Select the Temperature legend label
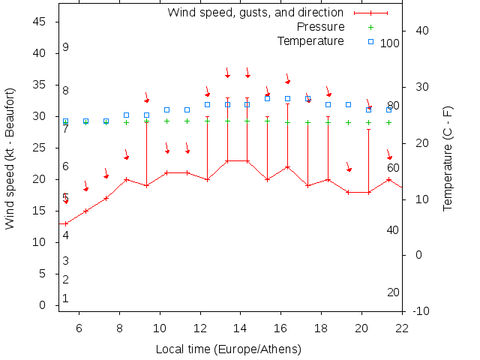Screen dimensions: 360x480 click(310, 40)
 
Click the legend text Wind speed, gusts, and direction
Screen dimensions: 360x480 click(255, 13)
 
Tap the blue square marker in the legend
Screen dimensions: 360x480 click(370, 41)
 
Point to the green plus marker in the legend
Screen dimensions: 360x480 click(370, 27)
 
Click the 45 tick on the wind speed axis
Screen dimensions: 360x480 click(40, 22)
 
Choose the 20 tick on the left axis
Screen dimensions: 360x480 click(40, 180)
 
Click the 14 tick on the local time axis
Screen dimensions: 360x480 click(241, 327)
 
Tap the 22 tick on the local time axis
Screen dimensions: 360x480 click(402, 327)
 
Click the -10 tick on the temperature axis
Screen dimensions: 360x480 click(421, 311)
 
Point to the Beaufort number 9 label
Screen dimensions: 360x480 click(66, 47)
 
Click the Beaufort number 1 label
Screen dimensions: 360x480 click(66, 298)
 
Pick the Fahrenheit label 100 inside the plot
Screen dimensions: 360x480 click(390, 43)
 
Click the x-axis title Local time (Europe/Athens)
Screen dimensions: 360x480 click(229, 349)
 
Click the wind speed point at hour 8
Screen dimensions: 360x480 click(126, 180)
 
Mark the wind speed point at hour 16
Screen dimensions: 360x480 click(287, 166)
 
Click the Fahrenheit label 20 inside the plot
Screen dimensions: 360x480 click(393, 292)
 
